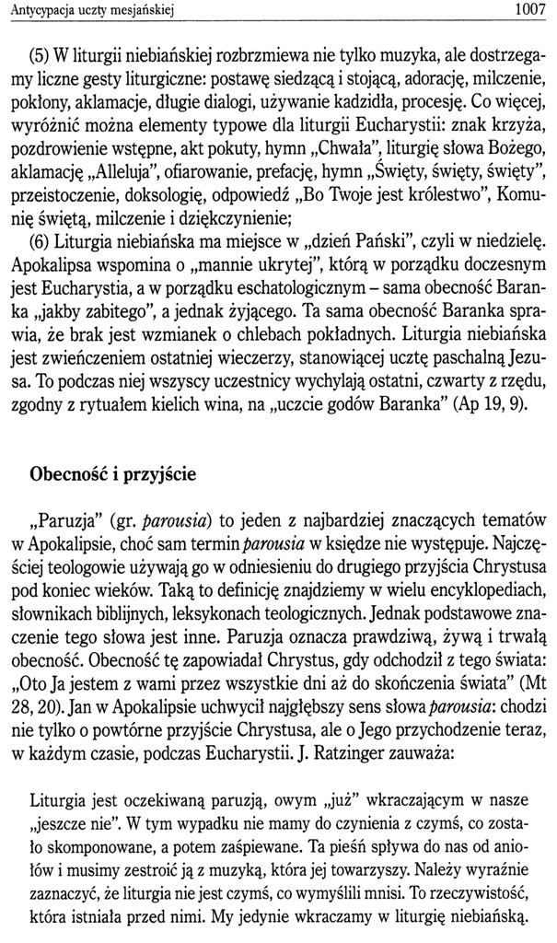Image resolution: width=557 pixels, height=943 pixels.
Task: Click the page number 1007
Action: pos(528,10)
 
